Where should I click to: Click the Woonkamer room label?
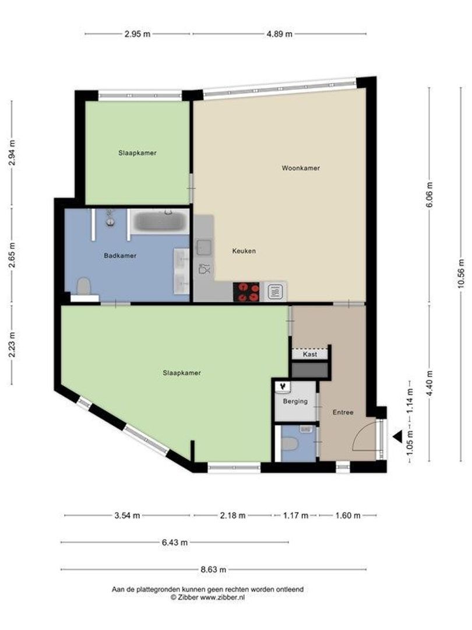pyautogui.click(x=301, y=168)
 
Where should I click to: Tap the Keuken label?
pyautogui.click(x=244, y=251)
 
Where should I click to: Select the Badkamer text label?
pyautogui.click(x=120, y=256)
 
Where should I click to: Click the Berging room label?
pyautogui.click(x=295, y=401)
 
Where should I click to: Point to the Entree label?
pyautogui.click(x=343, y=412)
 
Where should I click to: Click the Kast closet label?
pyautogui.click(x=310, y=355)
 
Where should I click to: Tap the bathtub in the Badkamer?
pyautogui.click(x=158, y=222)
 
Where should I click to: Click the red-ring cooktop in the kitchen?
pyautogui.click(x=246, y=292)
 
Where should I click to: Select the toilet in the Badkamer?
pyautogui.click(x=84, y=286)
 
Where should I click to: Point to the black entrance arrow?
pyautogui.click(x=398, y=436)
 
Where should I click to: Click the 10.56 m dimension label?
pyautogui.click(x=461, y=274)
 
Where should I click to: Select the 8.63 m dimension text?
pyautogui.click(x=214, y=570)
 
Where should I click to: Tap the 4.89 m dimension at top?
pyautogui.click(x=279, y=34)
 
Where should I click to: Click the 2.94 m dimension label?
pyautogui.click(x=12, y=153)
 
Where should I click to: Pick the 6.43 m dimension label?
pyautogui.click(x=174, y=542)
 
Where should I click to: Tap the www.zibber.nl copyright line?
pyautogui.click(x=207, y=598)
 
